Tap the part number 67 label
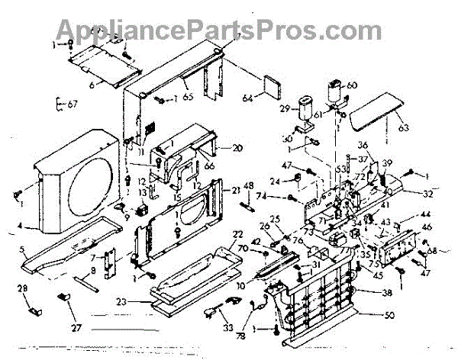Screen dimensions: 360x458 [73, 104]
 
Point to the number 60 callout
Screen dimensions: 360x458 [353, 85]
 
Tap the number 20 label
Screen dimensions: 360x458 [237, 148]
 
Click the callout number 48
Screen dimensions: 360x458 [248, 187]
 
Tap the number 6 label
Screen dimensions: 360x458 [92, 85]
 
